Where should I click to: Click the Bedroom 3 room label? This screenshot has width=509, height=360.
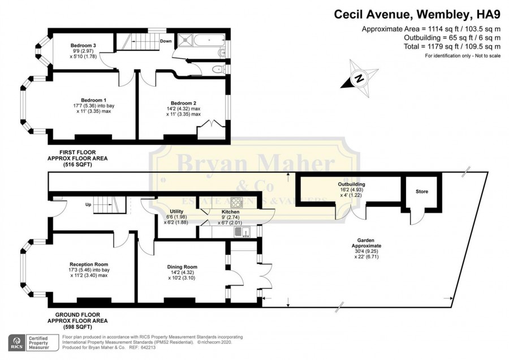click(83, 45)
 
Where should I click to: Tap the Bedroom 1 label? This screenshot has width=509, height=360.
click(93, 100)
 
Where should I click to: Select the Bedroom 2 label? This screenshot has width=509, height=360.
click(183, 103)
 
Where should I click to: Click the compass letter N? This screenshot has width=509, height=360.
click(359, 78)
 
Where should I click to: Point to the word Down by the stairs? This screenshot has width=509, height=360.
click(166, 41)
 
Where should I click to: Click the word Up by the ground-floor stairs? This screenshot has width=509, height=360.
click(88, 205)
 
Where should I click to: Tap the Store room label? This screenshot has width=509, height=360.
click(422, 192)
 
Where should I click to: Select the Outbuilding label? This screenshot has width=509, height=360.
click(351, 184)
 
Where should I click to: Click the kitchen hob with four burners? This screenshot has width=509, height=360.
click(236, 203)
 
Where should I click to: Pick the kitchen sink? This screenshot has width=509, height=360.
click(242, 232)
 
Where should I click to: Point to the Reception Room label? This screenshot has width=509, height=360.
click(89, 264)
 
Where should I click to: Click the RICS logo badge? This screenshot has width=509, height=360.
click(17, 343)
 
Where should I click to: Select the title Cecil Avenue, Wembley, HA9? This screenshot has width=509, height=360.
click(417, 15)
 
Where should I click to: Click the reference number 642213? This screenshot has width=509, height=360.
click(148, 348)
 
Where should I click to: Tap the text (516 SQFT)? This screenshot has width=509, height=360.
click(77, 164)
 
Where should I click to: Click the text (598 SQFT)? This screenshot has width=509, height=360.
click(77, 327)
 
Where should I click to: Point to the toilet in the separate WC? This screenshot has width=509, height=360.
click(218, 69)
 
